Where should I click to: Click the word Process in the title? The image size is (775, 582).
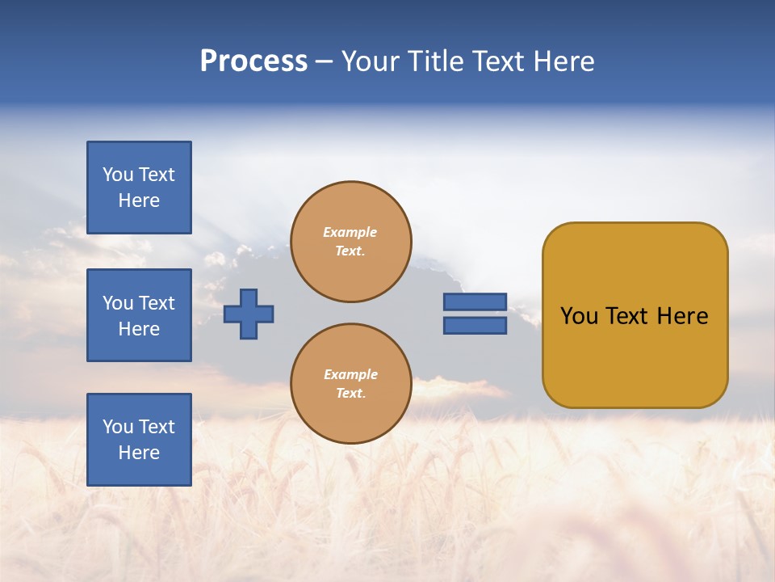[253, 61]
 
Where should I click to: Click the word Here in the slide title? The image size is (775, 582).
[563, 61]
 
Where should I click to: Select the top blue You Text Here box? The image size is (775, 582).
[139, 188]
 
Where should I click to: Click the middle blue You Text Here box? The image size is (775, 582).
[139, 315]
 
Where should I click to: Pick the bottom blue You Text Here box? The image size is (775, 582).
[139, 440]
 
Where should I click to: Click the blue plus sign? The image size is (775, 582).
[249, 314]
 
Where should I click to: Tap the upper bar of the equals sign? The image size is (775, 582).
[475, 302]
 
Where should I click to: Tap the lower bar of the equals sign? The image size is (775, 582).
[475, 326]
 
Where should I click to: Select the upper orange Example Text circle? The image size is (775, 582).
[350, 241]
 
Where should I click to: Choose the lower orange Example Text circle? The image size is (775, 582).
[350, 383]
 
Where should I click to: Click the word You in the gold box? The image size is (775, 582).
[579, 316]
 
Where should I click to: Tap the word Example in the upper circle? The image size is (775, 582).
[350, 232]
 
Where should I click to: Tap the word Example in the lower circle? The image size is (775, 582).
[350, 374]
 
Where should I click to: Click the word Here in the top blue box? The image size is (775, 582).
[139, 200]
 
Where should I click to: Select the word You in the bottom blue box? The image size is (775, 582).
[118, 427]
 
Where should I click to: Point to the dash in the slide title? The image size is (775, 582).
[325, 61]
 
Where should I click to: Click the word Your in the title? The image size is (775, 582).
[372, 61]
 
